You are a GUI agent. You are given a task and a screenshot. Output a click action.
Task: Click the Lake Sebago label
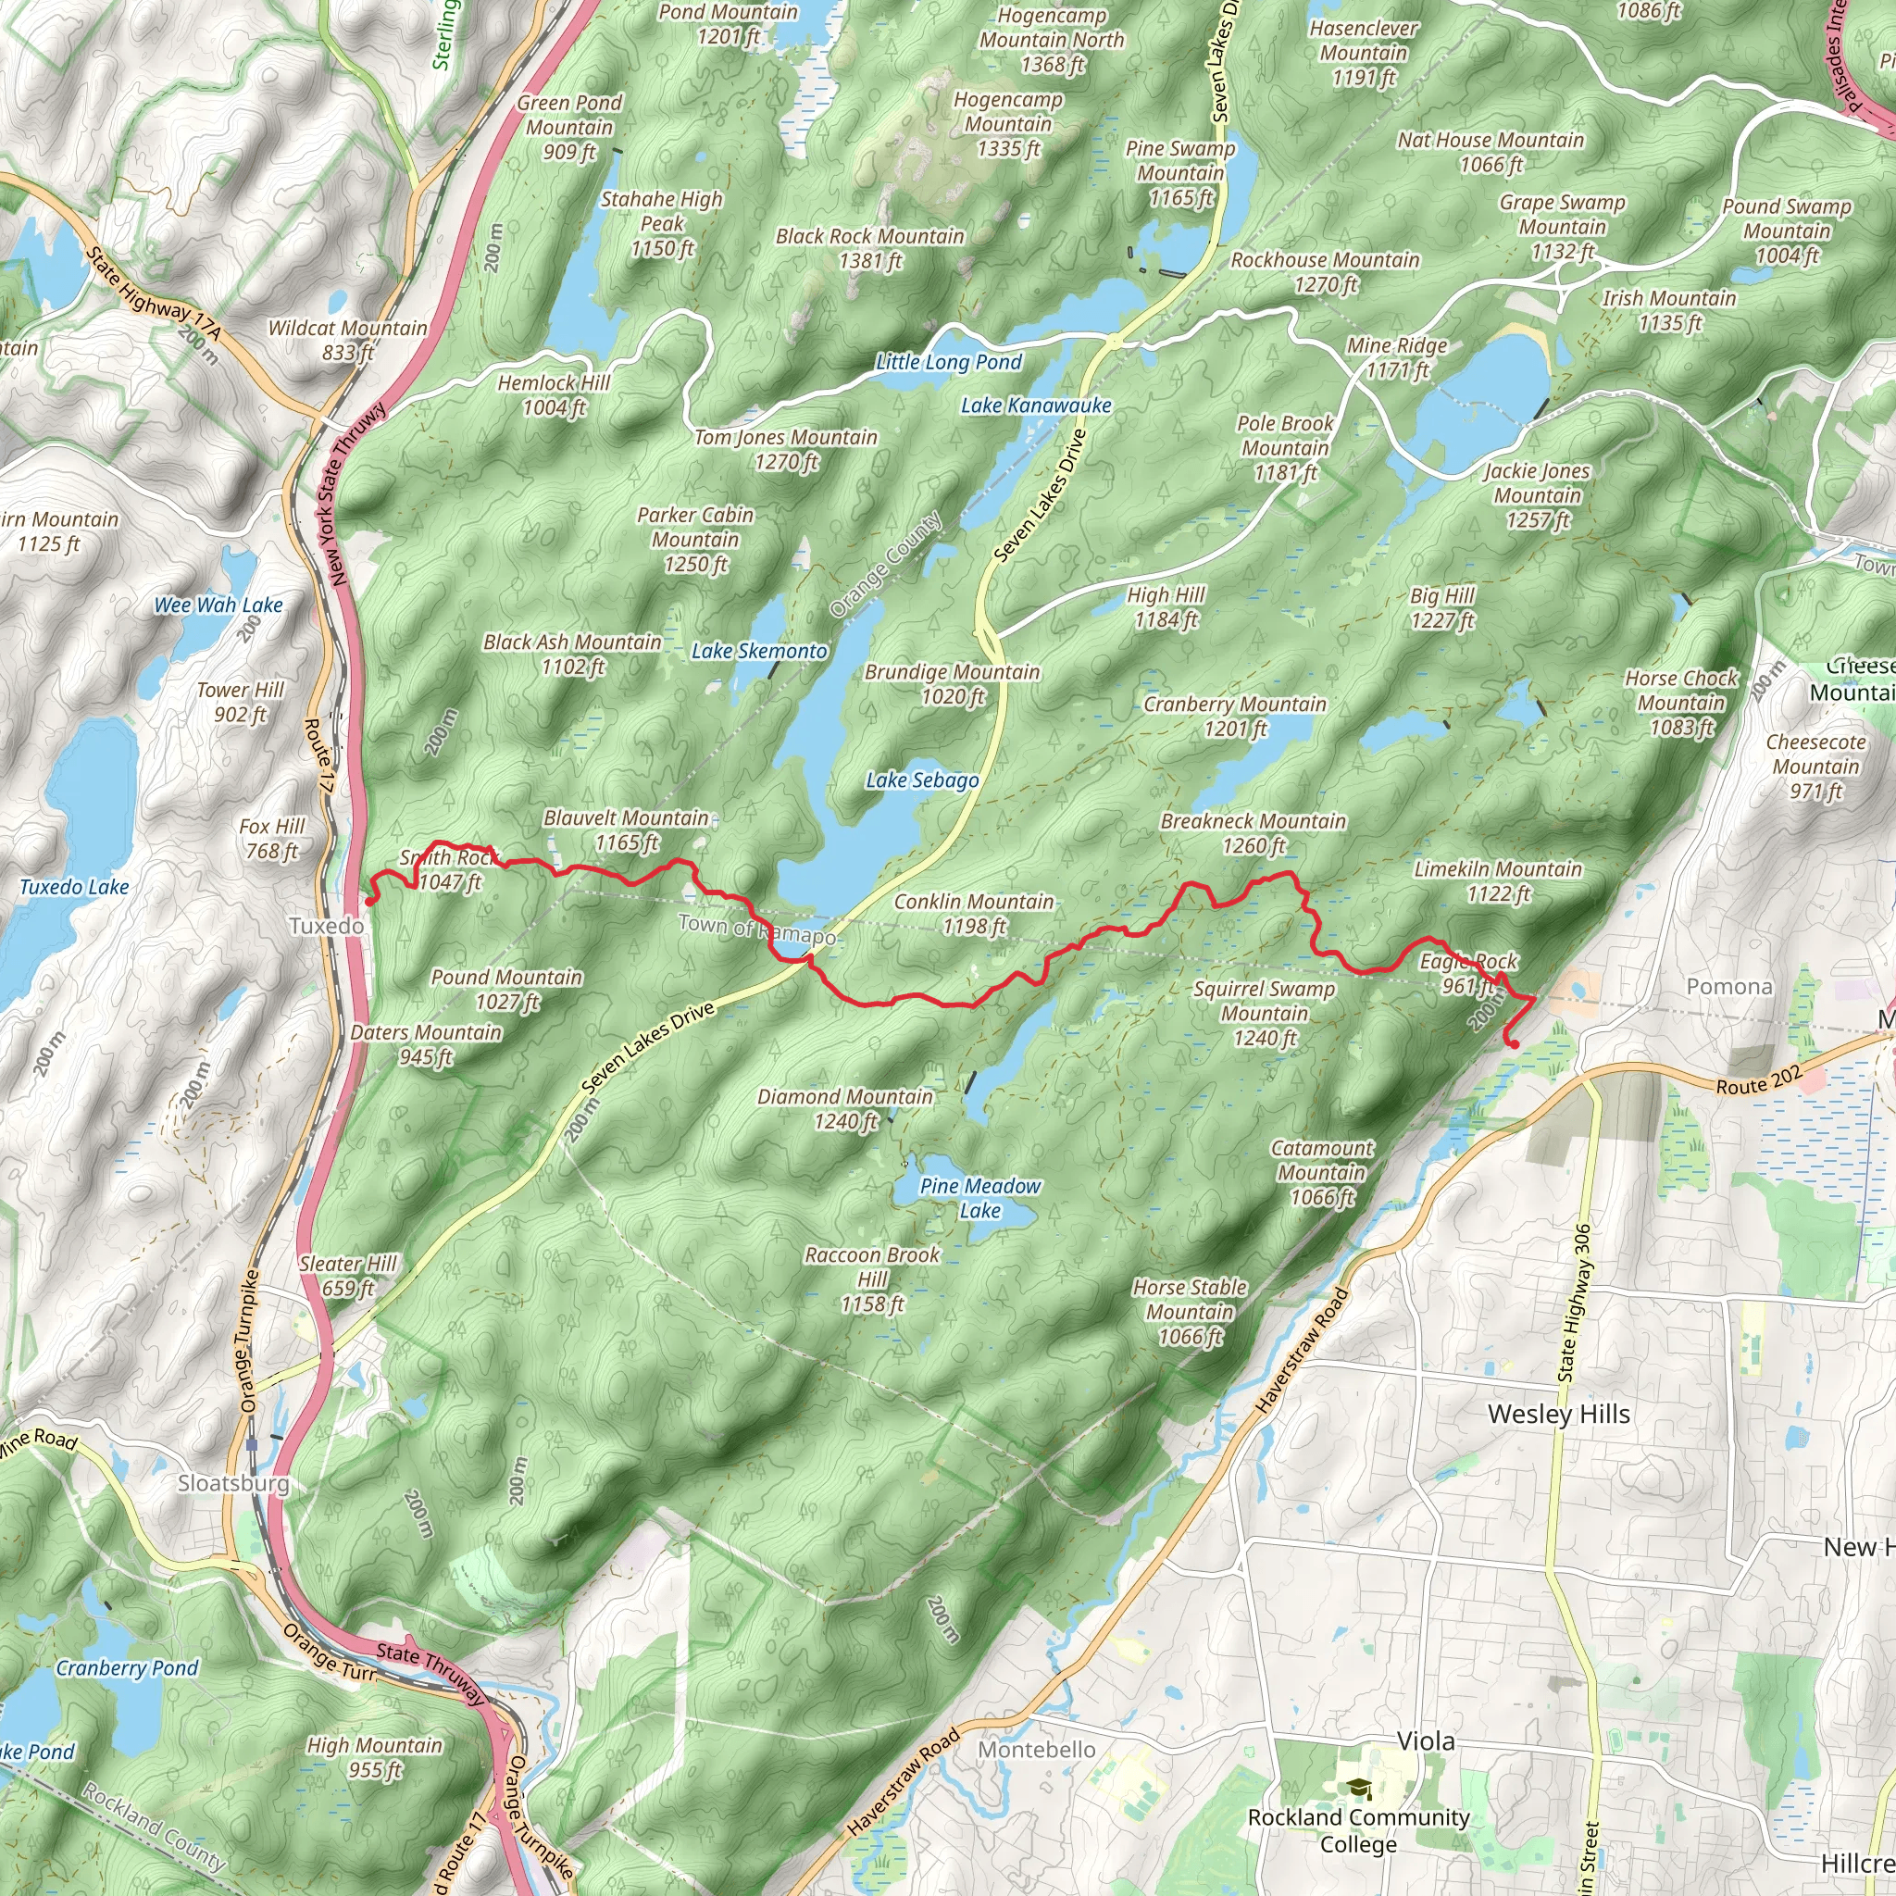[x=921, y=780]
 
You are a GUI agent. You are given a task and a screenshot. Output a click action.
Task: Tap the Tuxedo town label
[x=326, y=926]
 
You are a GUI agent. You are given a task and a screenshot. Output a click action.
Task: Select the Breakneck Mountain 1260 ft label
[x=1254, y=833]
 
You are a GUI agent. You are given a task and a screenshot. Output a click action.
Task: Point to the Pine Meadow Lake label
[x=979, y=1198]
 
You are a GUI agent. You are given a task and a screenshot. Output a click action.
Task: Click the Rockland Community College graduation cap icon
[x=1358, y=1788]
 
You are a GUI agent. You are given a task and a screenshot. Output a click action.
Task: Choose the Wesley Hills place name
[x=1558, y=1415]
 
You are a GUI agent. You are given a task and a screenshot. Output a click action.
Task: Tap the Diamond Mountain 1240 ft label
[x=845, y=1109]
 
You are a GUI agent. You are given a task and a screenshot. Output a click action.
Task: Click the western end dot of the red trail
[x=370, y=901]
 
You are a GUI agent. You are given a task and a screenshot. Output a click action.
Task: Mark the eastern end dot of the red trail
[x=1515, y=1044]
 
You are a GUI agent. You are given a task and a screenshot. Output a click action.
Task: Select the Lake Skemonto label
[x=758, y=651]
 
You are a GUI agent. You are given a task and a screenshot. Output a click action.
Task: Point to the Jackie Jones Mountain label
[x=1537, y=495]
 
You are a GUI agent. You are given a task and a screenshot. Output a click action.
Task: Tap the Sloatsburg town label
[x=233, y=1483]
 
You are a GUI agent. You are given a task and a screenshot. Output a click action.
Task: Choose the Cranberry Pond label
[x=127, y=1668]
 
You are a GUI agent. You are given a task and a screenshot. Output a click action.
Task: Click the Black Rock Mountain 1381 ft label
[x=869, y=248]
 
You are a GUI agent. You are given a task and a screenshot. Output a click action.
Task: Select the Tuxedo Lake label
[x=75, y=887]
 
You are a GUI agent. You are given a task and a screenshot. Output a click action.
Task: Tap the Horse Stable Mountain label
[x=1190, y=1311]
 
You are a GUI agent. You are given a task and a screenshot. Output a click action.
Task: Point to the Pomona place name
[x=1729, y=986]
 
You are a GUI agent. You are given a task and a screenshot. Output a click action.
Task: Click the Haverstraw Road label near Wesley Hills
[x=1303, y=1351]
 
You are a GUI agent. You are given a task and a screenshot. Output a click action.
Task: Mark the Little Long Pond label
[x=948, y=362]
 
